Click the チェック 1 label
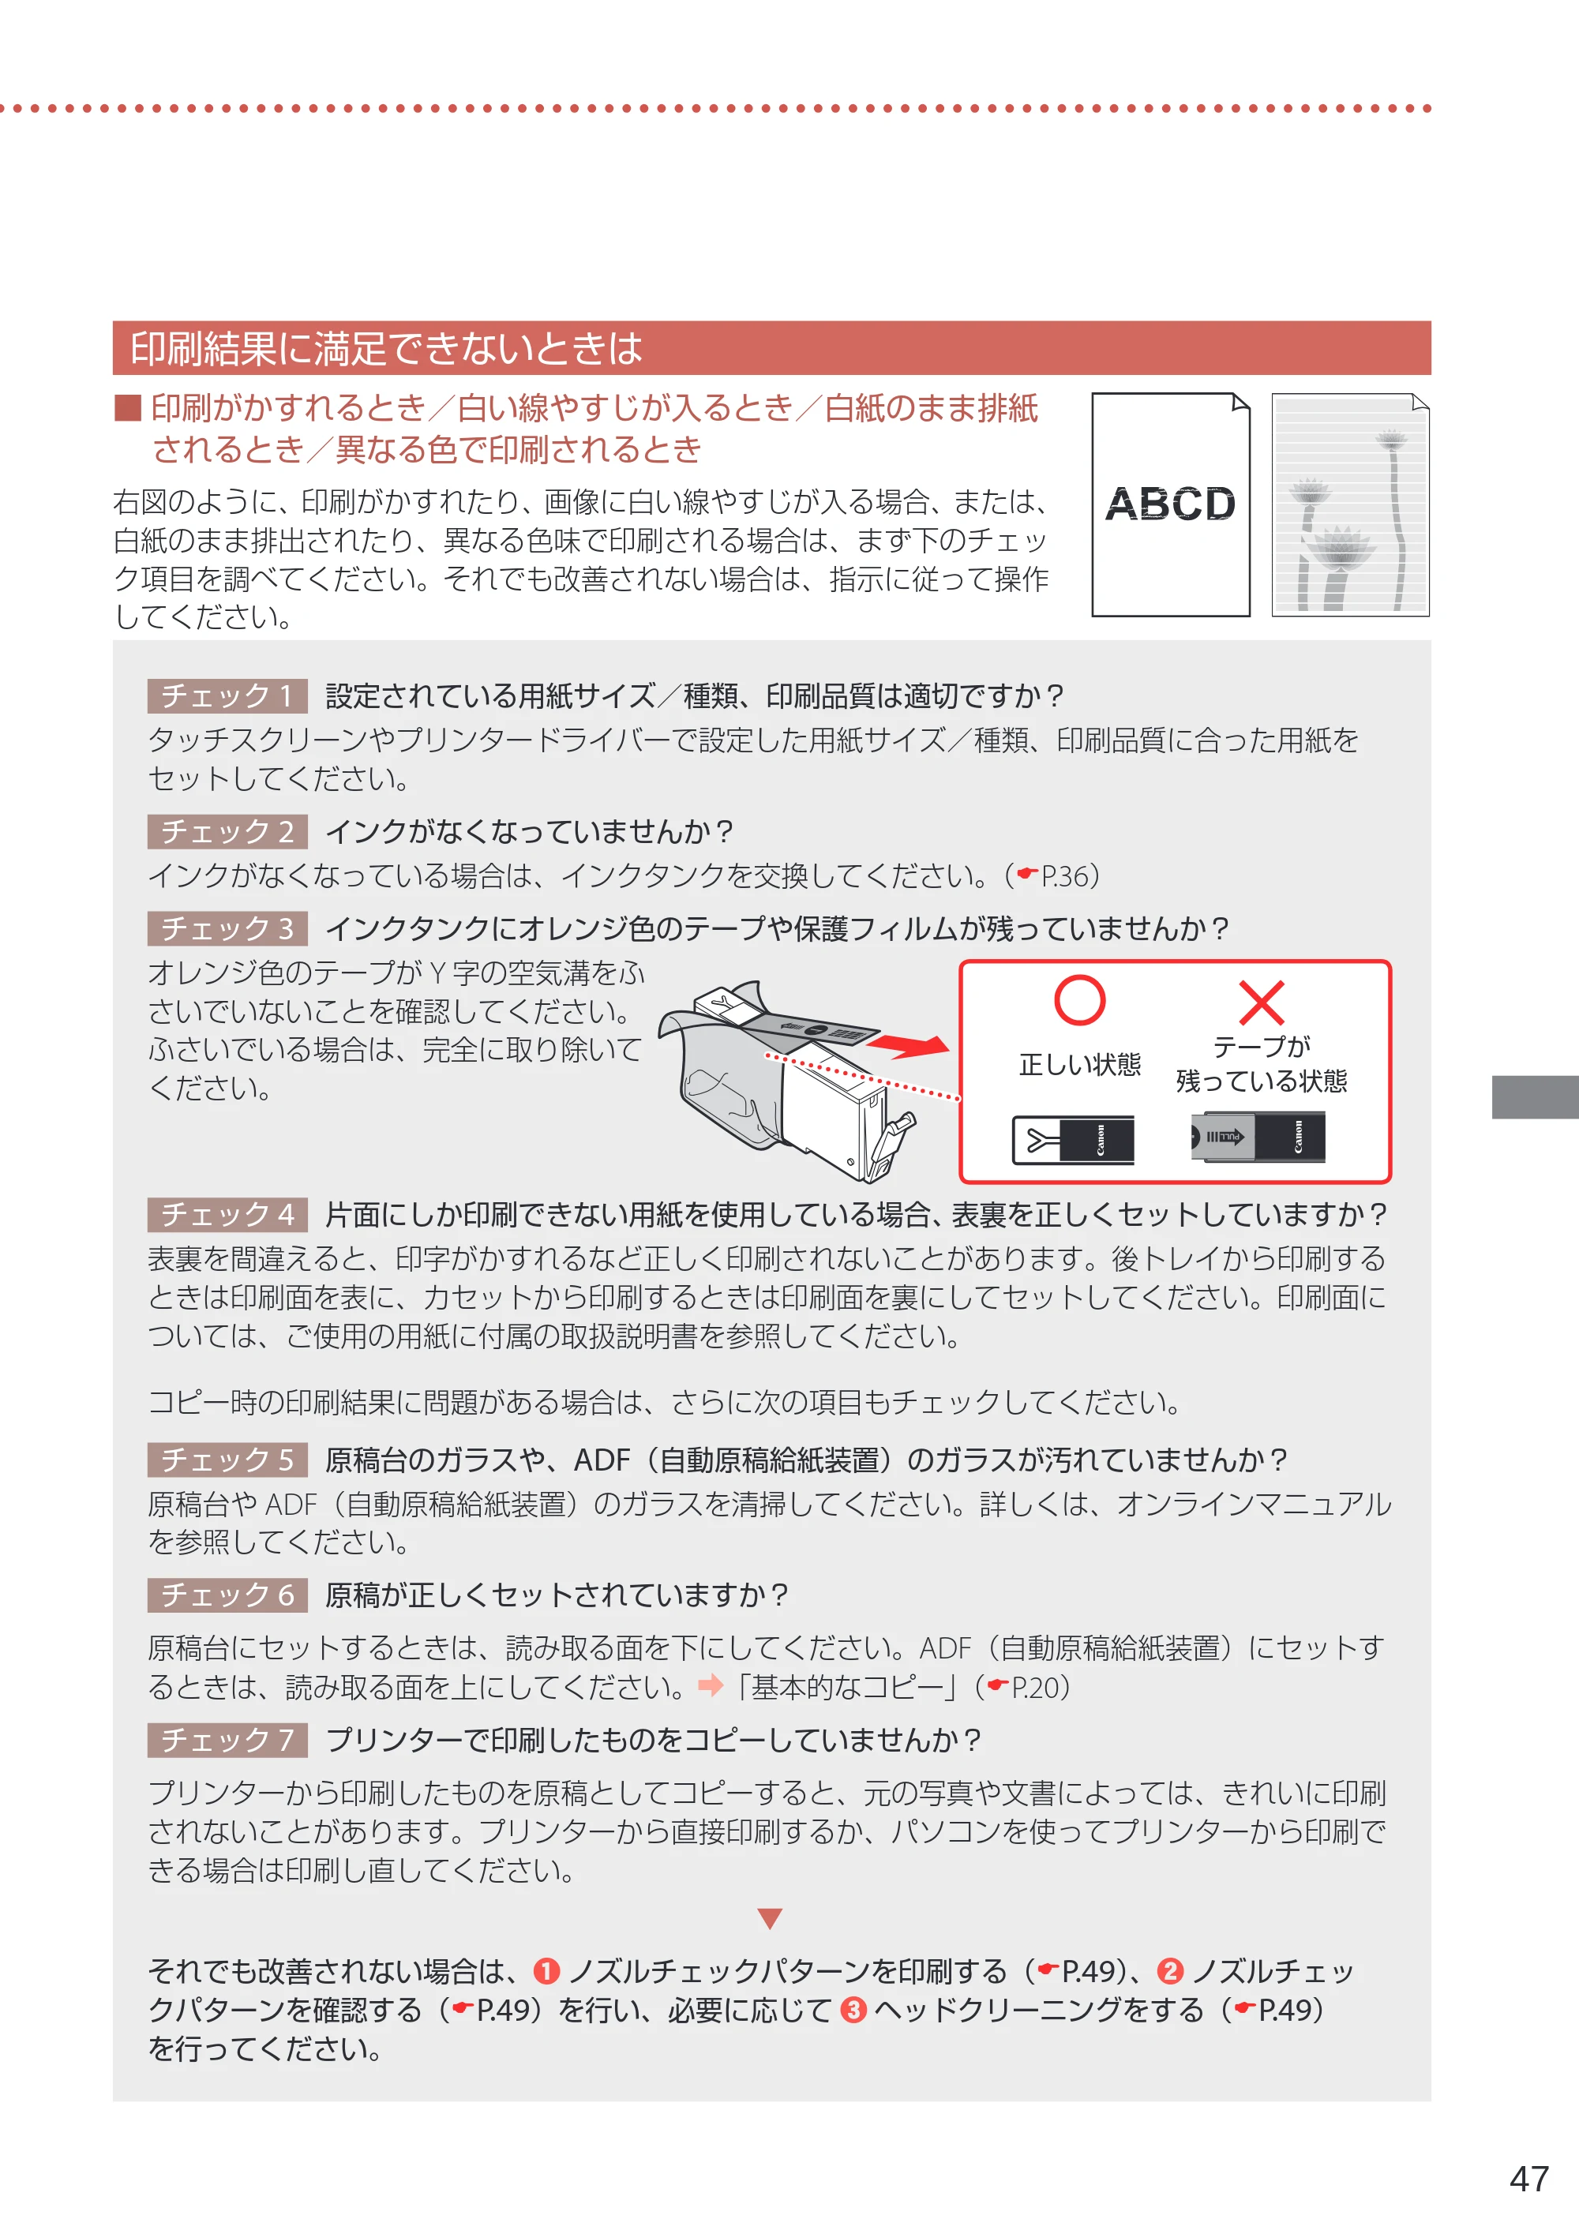point(227,696)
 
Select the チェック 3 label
point(227,928)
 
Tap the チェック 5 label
point(227,1460)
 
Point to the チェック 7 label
point(227,1740)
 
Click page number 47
point(1528,2179)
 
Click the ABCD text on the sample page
point(1170,504)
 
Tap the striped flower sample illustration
point(1351,504)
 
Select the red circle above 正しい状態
point(1079,1000)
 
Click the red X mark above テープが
point(1261,1003)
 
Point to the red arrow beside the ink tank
point(907,1046)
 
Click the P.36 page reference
point(1057,877)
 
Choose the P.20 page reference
point(1028,1688)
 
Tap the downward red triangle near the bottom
point(770,1918)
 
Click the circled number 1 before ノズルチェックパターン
point(546,1971)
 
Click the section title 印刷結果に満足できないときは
point(386,349)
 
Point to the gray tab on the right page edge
point(1536,1097)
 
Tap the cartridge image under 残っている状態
point(1258,1137)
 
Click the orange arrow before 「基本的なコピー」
point(711,1685)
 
